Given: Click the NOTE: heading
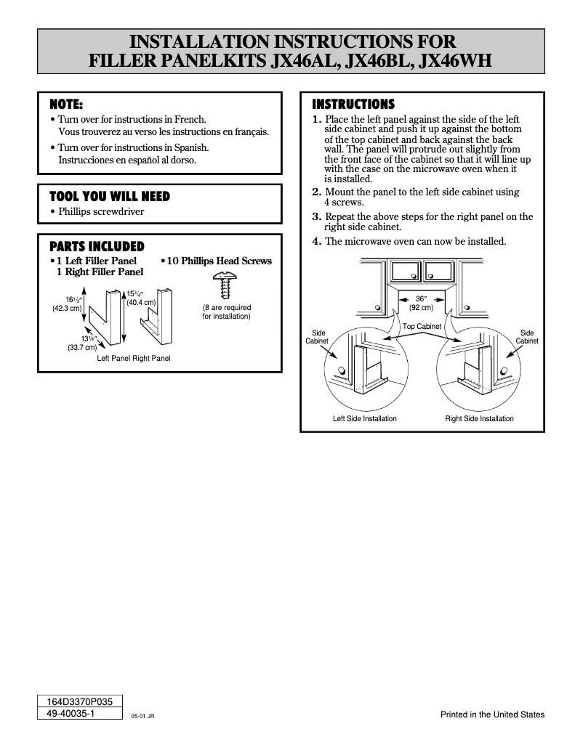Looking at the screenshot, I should [x=65, y=103].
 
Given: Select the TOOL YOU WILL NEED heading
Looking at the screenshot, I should [x=109, y=196].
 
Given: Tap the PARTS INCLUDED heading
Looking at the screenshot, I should [x=96, y=247].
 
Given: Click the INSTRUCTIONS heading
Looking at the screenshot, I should [x=353, y=104].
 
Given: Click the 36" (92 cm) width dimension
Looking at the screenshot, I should [x=422, y=303].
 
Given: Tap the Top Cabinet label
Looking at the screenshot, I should [x=422, y=327].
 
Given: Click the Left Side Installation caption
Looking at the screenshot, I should [x=364, y=419].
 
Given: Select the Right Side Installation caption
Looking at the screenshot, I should [x=479, y=419].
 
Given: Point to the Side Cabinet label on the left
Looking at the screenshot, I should [x=318, y=337].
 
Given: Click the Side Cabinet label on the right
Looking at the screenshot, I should [x=527, y=337].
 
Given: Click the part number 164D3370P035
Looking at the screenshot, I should [x=79, y=702].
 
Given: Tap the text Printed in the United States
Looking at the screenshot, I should [x=492, y=715].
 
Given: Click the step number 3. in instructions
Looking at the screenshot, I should [x=316, y=216].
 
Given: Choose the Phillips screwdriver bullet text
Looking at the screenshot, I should [x=101, y=212].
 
